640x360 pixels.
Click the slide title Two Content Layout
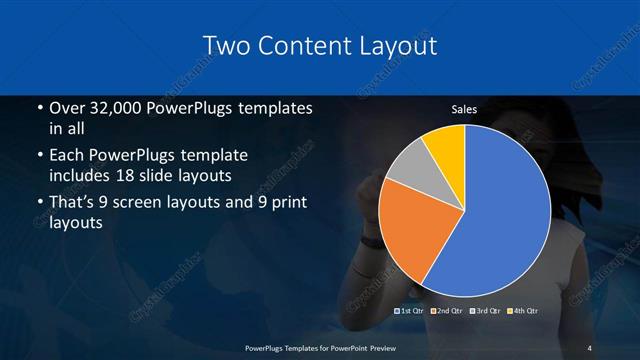319,46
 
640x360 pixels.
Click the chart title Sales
463,109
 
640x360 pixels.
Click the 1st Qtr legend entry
412,311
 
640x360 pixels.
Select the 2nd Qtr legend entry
448,311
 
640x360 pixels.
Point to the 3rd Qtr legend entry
486,311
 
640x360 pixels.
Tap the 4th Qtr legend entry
523,311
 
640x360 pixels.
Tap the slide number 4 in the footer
589,347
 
